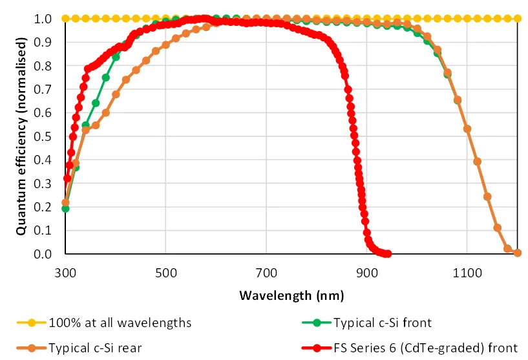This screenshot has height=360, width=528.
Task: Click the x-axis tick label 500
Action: [x=165, y=273]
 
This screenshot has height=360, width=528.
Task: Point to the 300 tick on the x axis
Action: [x=65, y=273]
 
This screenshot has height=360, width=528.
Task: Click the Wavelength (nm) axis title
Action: [x=291, y=296]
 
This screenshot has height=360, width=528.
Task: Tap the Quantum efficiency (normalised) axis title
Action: [x=21, y=136]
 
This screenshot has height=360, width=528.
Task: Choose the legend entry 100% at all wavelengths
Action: [x=120, y=321]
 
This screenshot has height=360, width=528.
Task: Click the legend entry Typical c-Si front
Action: [x=381, y=321]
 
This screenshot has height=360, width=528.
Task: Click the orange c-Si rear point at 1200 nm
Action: [x=517, y=253]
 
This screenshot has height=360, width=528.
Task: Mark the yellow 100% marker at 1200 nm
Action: [x=517, y=18]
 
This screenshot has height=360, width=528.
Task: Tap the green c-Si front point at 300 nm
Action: [x=65, y=208]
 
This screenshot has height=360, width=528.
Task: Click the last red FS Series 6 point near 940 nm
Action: [x=387, y=253]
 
